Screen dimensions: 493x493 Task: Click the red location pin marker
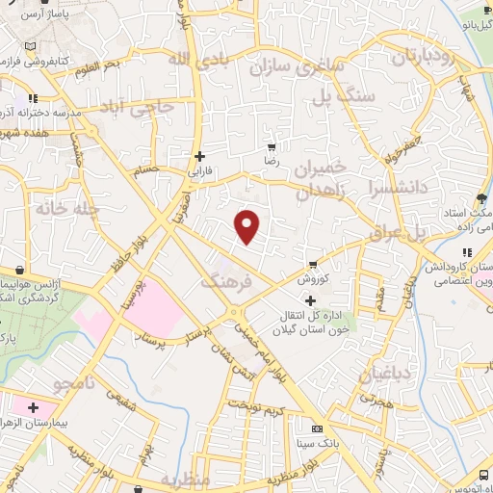[248, 227]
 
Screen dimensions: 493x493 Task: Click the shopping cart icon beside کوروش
[313, 266]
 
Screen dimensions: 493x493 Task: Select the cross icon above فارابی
[199, 155]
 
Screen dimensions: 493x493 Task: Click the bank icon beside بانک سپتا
[317, 429]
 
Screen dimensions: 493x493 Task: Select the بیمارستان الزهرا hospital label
[72, 426]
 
